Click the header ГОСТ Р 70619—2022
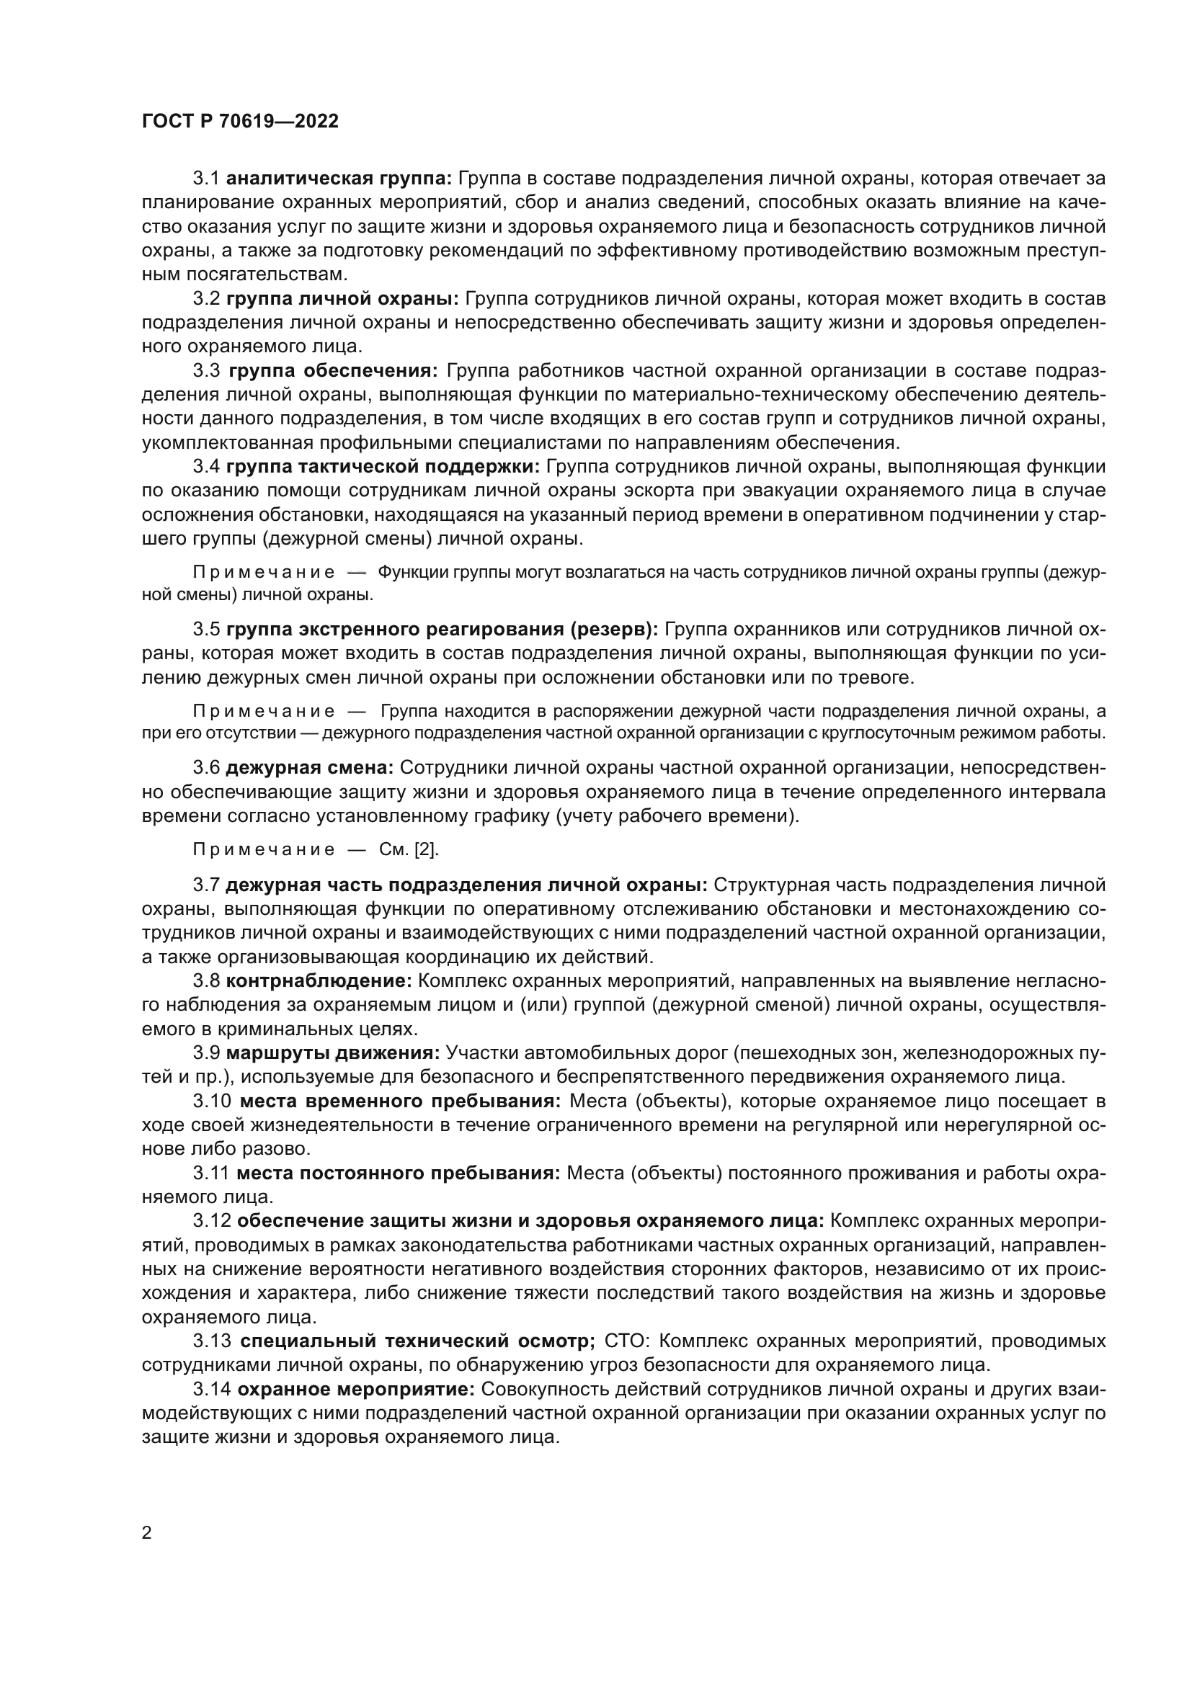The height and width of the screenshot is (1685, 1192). tap(240, 122)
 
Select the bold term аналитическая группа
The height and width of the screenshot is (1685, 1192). tap(341, 179)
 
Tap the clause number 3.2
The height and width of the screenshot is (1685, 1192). tap(206, 299)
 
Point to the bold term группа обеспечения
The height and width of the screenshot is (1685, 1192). tap(332, 370)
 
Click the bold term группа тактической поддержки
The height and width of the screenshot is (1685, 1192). tap(383, 467)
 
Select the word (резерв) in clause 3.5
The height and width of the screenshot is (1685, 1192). tap(611, 630)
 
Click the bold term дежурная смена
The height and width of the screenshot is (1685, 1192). tap(310, 769)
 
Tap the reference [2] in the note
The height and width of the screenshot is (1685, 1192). tap(427, 850)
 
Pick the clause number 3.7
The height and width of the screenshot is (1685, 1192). tap(206, 886)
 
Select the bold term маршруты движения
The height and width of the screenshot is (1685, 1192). tap(332, 1053)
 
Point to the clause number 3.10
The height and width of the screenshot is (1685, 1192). tap(212, 1101)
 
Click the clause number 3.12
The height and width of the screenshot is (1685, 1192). tap(212, 1221)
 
